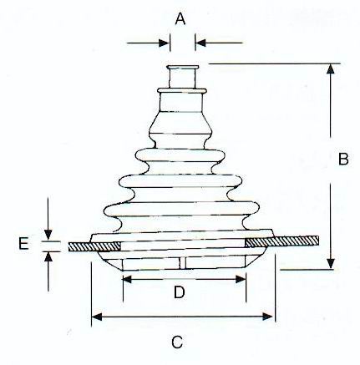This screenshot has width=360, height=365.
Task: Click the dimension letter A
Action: [x=180, y=19]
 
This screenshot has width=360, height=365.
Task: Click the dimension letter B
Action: [x=343, y=160]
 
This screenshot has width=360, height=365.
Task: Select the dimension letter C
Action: [x=177, y=342]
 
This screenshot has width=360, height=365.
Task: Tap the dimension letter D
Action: [x=180, y=292]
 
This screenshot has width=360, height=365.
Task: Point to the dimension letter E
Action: [x=23, y=244]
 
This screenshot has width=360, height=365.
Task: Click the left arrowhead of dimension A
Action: [x=164, y=43]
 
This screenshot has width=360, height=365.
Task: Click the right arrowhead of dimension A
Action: [x=200, y=43]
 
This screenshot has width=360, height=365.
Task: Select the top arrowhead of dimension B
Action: [x=331, y=68]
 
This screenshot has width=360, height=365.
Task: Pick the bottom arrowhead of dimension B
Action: [x=331, y=264]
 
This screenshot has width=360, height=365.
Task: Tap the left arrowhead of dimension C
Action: [x=97, y=317]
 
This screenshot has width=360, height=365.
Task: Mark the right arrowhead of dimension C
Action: [x=267, y=317]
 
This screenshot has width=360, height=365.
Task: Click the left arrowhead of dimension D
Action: [x=127, y=279]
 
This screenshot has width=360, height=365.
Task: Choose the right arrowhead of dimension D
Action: [x=241, y=279]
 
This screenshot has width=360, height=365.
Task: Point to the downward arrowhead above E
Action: [x=48, y=235]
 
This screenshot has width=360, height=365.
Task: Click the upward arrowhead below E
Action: [x=48, y=257]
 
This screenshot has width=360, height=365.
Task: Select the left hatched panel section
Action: [x=94, y=246]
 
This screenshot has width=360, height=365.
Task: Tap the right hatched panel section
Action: [x=281, y=241]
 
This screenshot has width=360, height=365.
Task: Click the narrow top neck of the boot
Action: [x=182, y=77]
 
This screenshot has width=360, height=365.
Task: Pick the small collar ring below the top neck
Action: [x=182, y=91]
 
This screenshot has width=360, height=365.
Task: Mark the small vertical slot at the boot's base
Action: [x=182, y=262]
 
